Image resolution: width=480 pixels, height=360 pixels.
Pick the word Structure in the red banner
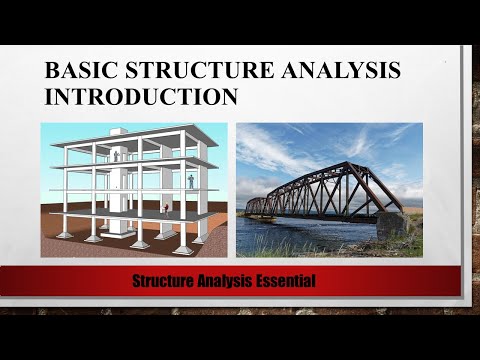pos(164,281)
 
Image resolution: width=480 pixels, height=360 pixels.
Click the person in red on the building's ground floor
pos(166,210)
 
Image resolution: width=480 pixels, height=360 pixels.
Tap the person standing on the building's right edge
pos(192,181)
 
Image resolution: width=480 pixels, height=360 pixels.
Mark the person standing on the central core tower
pos(117,156)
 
